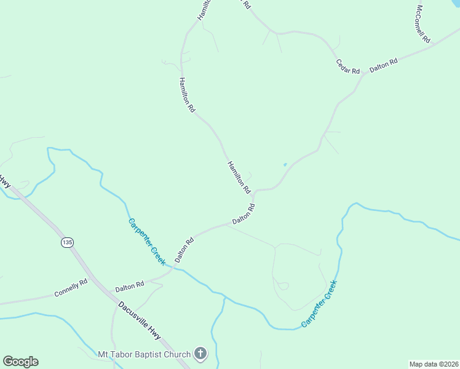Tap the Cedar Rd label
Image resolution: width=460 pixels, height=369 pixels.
[347, 66]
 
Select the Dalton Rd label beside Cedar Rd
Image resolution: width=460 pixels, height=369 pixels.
[384, 65]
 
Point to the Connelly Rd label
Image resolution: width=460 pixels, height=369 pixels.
[71, 287]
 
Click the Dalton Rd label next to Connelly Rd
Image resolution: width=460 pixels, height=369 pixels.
[129, 286]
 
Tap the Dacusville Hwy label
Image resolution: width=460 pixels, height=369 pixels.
[140, 320]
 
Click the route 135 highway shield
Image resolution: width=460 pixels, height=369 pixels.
[67, 243]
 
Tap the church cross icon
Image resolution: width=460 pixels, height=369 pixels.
[200, 354]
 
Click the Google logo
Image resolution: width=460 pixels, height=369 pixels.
[20, 362]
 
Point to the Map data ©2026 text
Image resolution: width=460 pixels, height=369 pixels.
[434, 364]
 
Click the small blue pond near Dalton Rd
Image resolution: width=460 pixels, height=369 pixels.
[284, 164]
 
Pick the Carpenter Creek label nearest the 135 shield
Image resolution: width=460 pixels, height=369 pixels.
[146, 242]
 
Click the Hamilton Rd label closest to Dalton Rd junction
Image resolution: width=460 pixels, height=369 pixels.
[239, 176]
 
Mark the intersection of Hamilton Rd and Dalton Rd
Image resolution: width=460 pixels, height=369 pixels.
[254, 191]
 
